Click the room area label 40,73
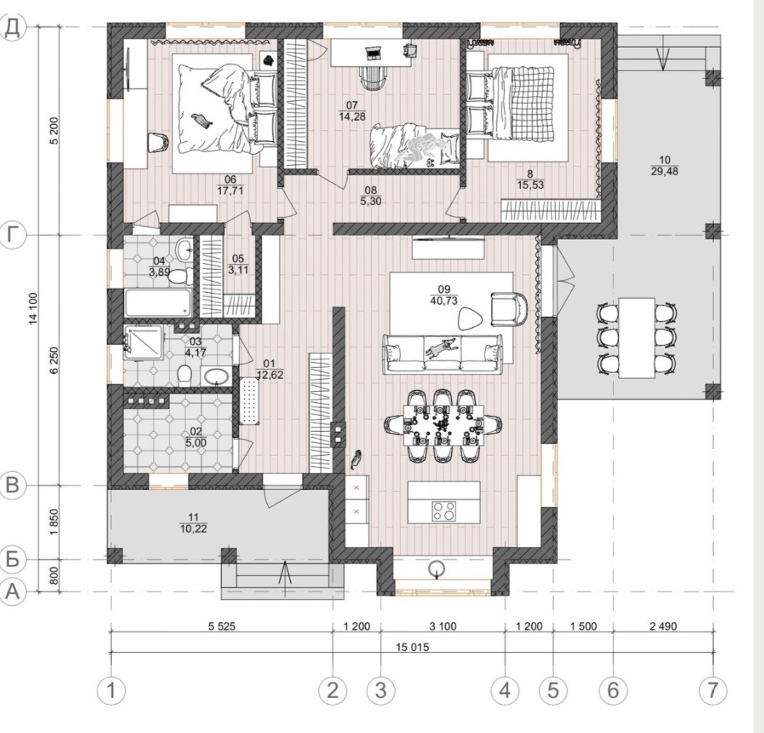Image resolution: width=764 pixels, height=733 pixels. pos(444,301)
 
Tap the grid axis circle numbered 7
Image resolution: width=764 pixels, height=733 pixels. pos(712,690)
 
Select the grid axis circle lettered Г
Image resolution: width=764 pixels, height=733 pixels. pos(13,235)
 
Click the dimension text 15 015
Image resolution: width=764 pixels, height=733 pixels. pos(413,647)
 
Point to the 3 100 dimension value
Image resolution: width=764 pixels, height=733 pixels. pos(443,626)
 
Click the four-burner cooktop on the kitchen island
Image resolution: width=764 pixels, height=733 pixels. pos(443,511)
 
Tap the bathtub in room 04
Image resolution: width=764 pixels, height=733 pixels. pos(159,303)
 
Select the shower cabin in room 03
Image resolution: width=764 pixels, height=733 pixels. pos(144,343)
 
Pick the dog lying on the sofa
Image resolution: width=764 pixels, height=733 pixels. pos(441,347)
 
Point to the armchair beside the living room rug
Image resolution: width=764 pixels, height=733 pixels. pos(509,309)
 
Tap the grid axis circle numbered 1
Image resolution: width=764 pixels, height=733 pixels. pos(111,690)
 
